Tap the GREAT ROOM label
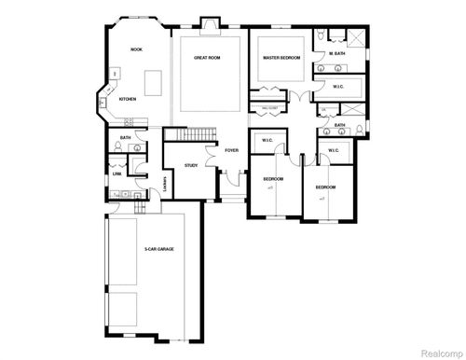(x=206, y=59)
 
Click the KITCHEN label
(x=129, y=99)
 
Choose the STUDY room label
(x=191, y=165)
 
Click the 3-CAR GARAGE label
(x=159, y=250)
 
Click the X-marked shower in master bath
(x=355, y=36)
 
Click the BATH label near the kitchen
(x=125, y=139)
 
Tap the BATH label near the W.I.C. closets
(x=340, y=125)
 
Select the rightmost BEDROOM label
(x=325, y=187)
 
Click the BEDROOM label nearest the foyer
(x=272, y=178)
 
